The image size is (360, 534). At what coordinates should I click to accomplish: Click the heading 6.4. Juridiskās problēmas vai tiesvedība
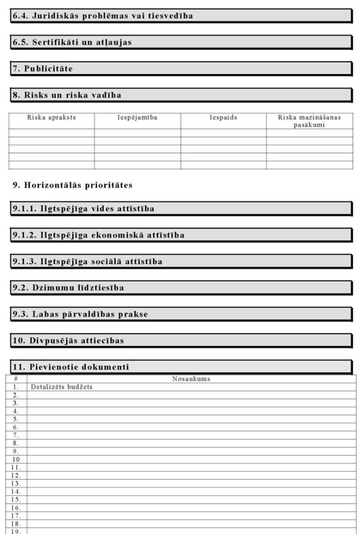pyautogui.click(x=103, y=16)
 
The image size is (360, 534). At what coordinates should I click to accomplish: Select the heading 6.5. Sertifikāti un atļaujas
pyautogui.click(x=72, y=42)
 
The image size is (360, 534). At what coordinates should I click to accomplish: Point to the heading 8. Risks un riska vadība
pyautogui.click(x=67, y=95)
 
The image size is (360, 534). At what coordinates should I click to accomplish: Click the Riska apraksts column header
pyautogui.click(x=52, y=117)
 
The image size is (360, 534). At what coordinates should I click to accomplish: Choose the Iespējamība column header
pyautogui.click(x=137, y=117)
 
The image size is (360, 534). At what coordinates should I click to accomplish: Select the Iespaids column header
pyautogui.click(x=224, y=117)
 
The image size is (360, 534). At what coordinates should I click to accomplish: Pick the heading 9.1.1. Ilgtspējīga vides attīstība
pyautogui.click(x=84, y=209)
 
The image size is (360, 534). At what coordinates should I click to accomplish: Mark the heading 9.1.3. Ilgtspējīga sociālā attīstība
pyautogui.click(x=88, y=261)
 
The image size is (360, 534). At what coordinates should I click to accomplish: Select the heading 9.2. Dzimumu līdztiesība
pyautogui.click(x=69, y=287)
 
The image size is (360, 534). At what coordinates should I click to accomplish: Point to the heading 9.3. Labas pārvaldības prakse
pyautogui.click(x=80, y=314)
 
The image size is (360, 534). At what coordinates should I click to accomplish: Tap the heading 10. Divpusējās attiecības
pyautogui.click(x=69, y=341)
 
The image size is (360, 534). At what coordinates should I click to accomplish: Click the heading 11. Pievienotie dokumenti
pyautogui.click(x=71, y=367)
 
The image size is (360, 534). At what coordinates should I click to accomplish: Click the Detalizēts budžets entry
pyautogui.click(x=62, y=387)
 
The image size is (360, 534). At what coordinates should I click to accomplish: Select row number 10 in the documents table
pyautogui.click(x=16, y=459)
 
